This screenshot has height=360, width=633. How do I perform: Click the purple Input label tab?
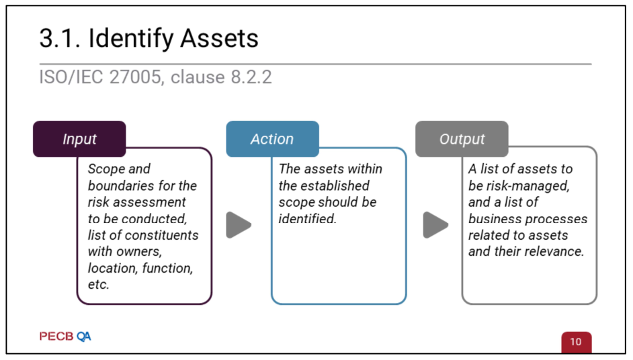(79, 139)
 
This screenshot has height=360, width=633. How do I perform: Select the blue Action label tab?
(271, 139)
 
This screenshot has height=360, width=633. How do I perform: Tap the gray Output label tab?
(462, 139)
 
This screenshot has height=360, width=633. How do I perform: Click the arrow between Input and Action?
(239, 225)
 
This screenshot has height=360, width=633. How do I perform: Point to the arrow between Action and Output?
(435, 225)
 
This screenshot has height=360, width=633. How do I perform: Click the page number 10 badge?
(576, 342)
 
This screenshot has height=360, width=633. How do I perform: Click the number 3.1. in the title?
(60, 39)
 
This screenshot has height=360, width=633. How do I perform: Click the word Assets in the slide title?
(219, 39)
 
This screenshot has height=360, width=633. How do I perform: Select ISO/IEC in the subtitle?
(65, 77)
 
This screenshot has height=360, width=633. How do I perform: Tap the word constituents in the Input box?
(162, 235)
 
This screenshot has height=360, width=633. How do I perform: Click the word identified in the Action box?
(307, 218)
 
